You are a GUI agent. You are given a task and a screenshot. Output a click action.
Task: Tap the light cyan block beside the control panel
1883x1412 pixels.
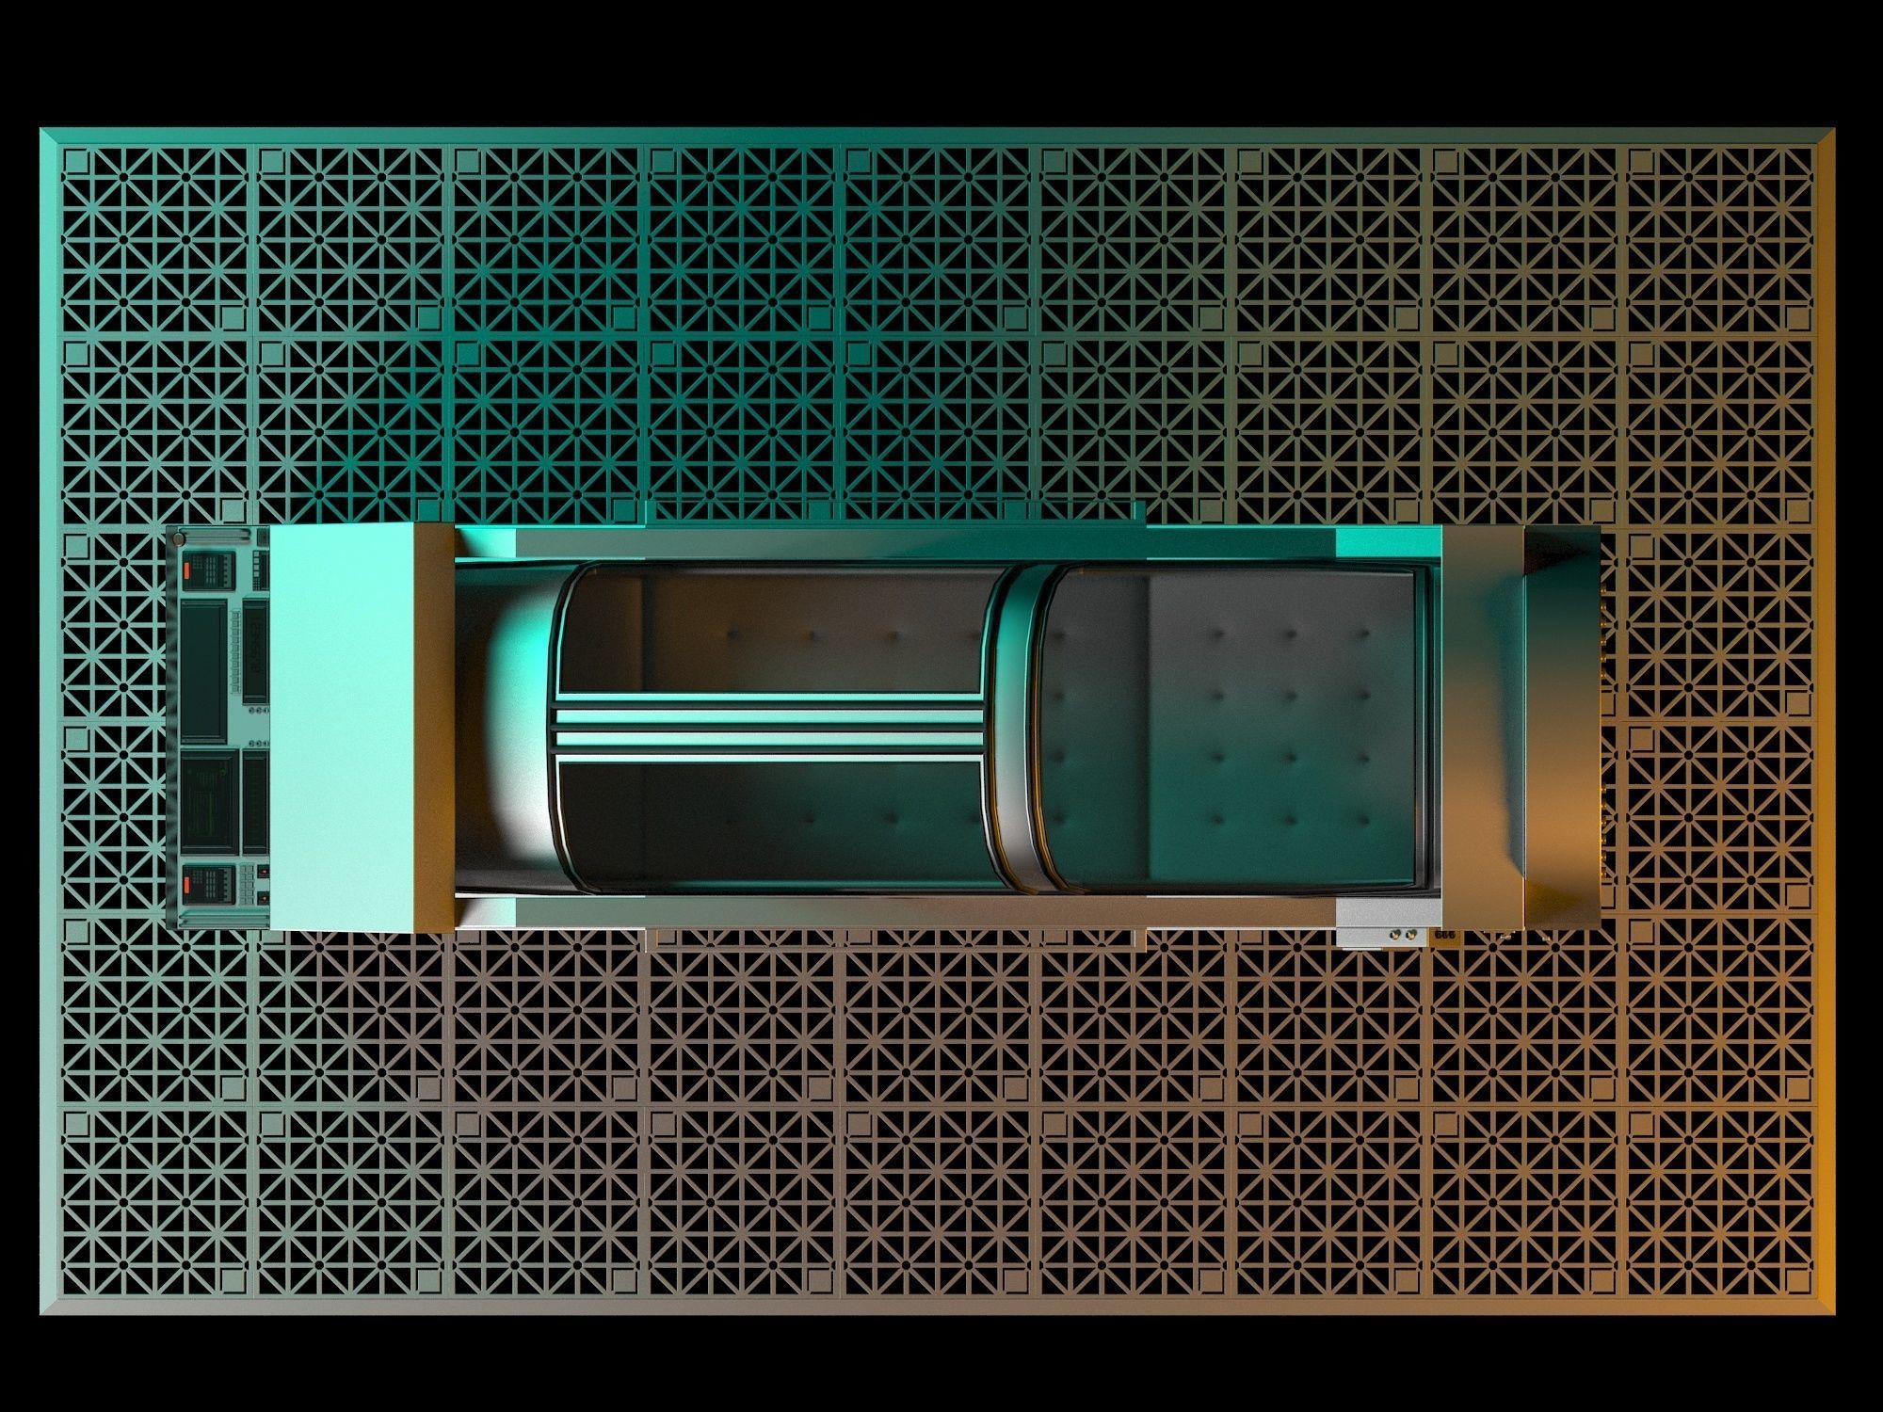click(x=341, y=727)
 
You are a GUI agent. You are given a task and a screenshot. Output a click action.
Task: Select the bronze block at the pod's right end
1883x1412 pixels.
click(x=1483, y=727)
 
